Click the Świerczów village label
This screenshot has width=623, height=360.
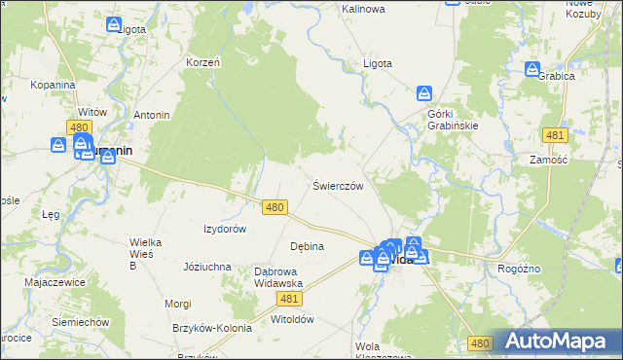[338, 186]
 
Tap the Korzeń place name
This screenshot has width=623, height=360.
[203, 62]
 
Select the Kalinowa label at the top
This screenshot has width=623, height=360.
[363, 9]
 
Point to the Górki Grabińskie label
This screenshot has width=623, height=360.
[453, 119]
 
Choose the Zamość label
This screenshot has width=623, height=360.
[548, 160]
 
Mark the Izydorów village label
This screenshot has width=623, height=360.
[224, 229]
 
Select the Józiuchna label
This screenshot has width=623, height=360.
[206, 266]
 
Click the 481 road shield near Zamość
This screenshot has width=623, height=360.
[555, 134]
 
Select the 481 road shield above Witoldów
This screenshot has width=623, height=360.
[288, 300]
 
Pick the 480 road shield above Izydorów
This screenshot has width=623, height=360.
[275, 207]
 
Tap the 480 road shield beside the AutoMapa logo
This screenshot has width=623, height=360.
[479, 343]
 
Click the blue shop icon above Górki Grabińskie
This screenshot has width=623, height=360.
[424, 94]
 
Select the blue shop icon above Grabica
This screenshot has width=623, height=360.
[532, 69]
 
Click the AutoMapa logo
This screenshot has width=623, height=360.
[557, 341]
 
